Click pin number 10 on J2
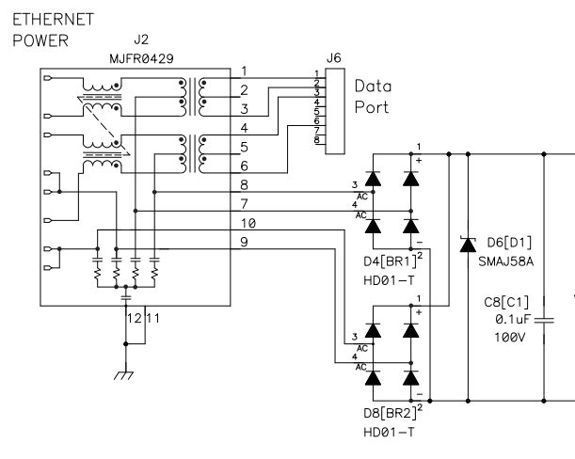248,223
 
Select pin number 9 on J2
244,243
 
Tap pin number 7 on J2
244,204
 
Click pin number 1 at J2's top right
244,71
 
